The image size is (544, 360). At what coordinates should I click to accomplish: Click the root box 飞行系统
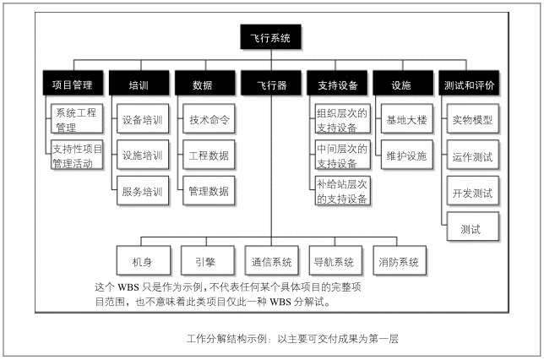(x=270, y=37)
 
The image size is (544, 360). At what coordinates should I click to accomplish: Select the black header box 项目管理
(x=73, y=83)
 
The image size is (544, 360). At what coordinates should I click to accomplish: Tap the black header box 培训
(x=139, y=83)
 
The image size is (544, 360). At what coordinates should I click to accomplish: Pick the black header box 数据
(x=205, y=83)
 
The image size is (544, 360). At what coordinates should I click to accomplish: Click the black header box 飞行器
(x=271, y=83)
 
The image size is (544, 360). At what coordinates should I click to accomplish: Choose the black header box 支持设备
(x=337, y=83)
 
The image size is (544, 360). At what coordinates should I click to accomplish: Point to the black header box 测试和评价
(x=469, y=83)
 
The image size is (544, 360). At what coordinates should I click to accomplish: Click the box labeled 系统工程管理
(x=77, y=118)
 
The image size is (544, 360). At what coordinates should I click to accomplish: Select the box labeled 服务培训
(x=143, y=191)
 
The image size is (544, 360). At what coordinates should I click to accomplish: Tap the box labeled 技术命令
(x=209, y=118)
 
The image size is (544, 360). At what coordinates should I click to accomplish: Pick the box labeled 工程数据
(x=209, y=155)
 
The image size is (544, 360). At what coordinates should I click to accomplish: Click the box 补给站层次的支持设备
(x=342, y=191)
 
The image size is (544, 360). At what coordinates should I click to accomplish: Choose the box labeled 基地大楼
(x=406, y=118)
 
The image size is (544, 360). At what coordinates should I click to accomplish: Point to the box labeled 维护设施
(x=406, y=155)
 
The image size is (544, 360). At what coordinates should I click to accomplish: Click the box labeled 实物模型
(x=473, y=118)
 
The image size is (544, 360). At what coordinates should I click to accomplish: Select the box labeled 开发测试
(x=473, y=191)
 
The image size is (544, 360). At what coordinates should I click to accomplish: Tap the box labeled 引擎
(x=208, y=260)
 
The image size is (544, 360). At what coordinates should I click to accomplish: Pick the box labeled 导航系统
(x=335, y=260)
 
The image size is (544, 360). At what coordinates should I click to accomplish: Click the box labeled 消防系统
(x=400, y=260)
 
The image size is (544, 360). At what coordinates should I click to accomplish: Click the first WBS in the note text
(x=128, y=287)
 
